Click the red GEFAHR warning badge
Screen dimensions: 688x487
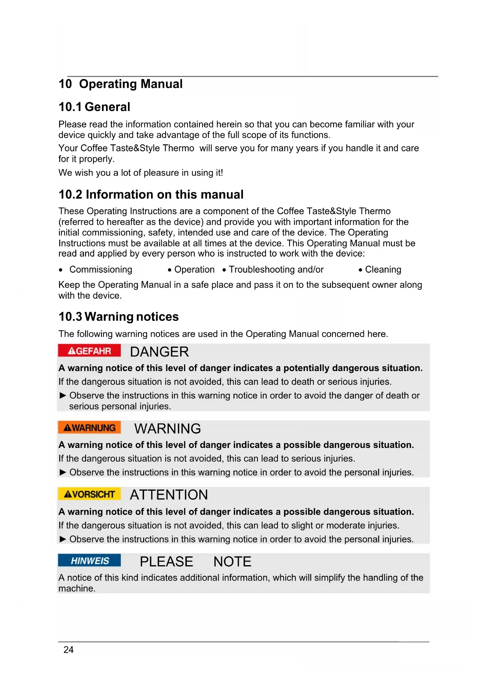click(x=89, y=351)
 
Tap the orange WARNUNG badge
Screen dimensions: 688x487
click(x=89, y=428)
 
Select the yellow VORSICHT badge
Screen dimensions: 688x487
click(x=89, y=494)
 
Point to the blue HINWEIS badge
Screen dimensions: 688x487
click(x=89, y=561)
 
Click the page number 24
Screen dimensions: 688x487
click(x=69, y=650)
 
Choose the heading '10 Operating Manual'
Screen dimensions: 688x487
click(x=120, y=84)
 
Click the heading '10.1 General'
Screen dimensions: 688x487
click(x=94, y=107)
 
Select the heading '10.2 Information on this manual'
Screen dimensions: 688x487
click(x=151, y=195)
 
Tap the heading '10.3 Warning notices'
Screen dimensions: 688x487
click(x=119, y=317)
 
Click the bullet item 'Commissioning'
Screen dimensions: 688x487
click(x=101, y=269)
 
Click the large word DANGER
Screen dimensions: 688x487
click(x=159, y=352)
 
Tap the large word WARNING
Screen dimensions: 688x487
click(x=168, y=429)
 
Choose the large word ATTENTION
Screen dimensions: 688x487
click(x=169, y=495)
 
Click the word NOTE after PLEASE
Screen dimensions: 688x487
click(x=232, y=562)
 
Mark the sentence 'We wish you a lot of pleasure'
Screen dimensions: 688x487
click(x=140, y=173)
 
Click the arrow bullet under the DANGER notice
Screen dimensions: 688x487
click(x=63, y=395)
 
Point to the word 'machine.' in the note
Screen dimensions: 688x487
click(x=77, y=588)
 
